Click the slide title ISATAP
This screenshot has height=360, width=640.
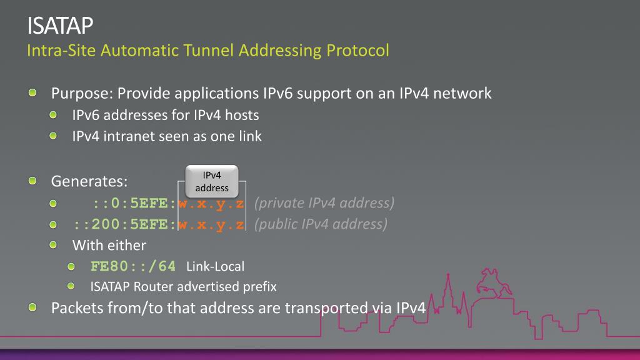click(60, 26)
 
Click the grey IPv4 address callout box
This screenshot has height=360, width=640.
click(212, 181)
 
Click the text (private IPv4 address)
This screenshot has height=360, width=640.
click(324, 203)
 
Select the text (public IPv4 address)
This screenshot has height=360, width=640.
click(320, 224)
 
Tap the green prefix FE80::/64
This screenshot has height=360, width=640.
click(133, 266)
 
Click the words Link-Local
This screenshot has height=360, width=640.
click(215, 267)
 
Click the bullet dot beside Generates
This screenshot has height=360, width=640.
click(32, 181)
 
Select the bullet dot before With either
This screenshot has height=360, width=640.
click(54, 244)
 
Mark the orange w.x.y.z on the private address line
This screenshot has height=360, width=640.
click(211, 204)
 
